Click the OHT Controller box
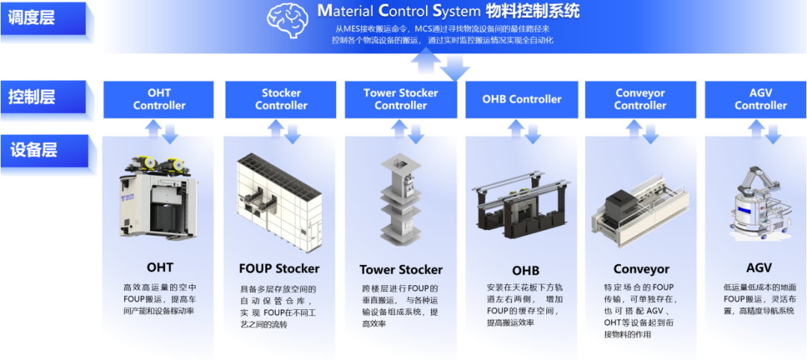pos(159,100)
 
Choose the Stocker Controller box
pos(281,100)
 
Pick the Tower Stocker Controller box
pos(401,100)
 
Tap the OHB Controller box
pos(522,100)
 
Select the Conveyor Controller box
pos(640,100)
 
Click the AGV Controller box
pos(760,100)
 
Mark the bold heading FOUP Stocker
pos(279,268)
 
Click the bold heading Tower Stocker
pos(401,269)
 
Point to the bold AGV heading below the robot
pos(758,267)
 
